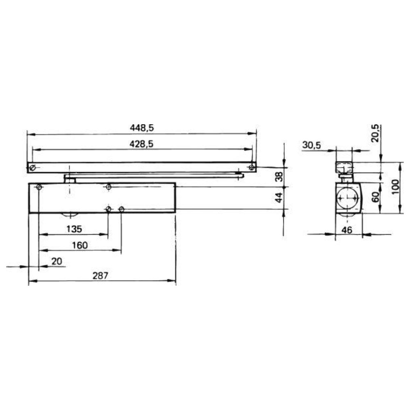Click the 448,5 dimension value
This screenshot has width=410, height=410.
142,128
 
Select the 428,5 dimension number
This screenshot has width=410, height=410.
141,144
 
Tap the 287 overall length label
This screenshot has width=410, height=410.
100,276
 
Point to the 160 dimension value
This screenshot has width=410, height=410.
80,245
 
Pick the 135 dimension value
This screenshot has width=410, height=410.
74,229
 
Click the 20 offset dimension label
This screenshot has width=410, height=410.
57,261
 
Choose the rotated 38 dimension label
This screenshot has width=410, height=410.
280,176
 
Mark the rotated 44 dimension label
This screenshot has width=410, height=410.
280,198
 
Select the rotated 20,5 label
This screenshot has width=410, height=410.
375,133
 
